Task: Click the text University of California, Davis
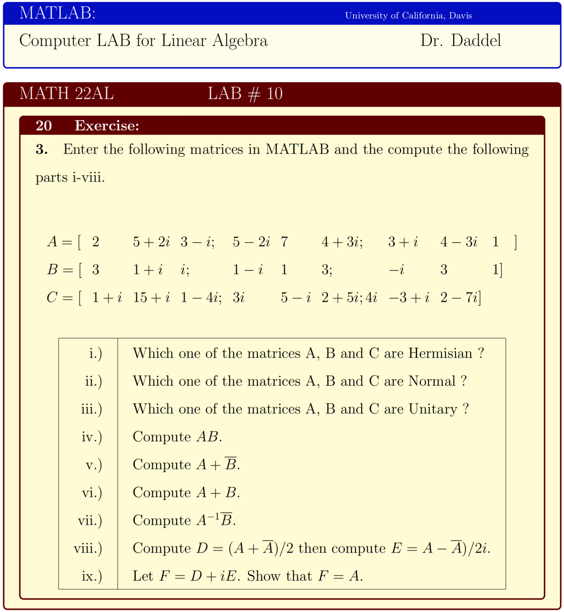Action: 408,16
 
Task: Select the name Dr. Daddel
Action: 460,41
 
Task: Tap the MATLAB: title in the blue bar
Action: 57,13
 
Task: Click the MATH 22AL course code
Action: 66,93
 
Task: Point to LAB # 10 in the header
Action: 245,93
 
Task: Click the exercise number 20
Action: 44,126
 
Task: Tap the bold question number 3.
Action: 41,150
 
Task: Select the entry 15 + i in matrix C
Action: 151,297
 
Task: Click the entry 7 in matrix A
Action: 284,242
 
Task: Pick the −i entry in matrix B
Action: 396,270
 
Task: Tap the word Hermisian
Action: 440,353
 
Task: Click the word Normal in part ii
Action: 432,381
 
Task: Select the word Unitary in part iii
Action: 433,409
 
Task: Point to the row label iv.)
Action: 92,437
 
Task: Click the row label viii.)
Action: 88,549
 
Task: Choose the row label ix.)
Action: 92,576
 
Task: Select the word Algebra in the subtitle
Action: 240,41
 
